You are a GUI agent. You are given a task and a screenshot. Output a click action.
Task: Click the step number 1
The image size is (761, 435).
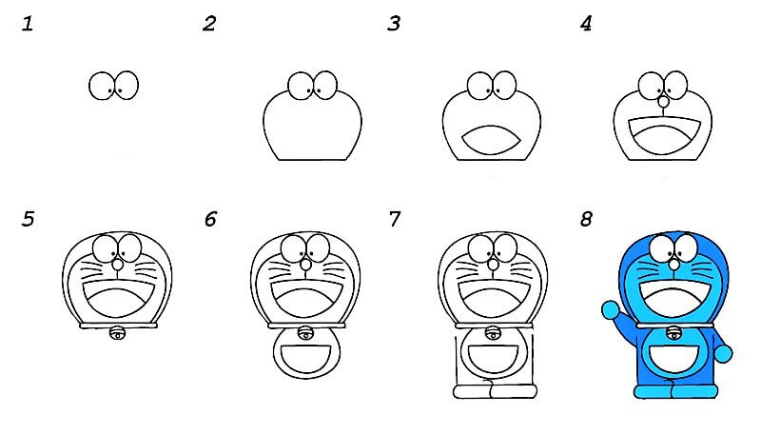(28, 23)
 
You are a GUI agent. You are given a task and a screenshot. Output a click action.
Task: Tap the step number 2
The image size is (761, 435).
(209, 23)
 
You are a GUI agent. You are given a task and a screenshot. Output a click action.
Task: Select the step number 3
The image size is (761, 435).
(394, 23)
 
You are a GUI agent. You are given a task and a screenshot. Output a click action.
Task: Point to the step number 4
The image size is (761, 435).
(586, 23)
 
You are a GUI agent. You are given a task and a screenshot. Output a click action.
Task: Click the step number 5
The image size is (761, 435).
(29, 219)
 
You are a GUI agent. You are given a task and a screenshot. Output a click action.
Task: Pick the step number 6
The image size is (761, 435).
(210, 219)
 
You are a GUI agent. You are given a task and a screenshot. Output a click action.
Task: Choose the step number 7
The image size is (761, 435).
(395, 219)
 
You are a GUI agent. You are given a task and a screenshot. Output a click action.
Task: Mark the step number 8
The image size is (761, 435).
(586, 219)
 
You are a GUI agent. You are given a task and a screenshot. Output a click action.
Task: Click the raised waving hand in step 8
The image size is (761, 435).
(611, 309)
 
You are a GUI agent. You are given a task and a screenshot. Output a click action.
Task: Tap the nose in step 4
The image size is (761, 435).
(662, 102)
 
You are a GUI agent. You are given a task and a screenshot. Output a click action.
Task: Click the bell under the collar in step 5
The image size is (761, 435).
(117, 333)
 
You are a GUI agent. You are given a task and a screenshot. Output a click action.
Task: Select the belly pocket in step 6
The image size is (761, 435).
(306, 358)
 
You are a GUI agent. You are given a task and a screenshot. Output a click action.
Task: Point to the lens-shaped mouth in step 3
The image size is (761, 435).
(491, 140)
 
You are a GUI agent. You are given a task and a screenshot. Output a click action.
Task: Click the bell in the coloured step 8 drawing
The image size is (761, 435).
(673, 333)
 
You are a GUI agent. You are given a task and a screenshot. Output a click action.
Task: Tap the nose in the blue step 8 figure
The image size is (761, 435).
(674, 265)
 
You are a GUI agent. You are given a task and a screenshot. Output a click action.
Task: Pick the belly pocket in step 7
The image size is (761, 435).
(493, 358)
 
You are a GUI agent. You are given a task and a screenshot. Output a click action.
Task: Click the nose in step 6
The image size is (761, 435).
(305, 265)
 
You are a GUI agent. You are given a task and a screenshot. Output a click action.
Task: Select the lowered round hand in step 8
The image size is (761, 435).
(723, 353)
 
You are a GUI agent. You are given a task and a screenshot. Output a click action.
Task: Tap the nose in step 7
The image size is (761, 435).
(493, 265)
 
